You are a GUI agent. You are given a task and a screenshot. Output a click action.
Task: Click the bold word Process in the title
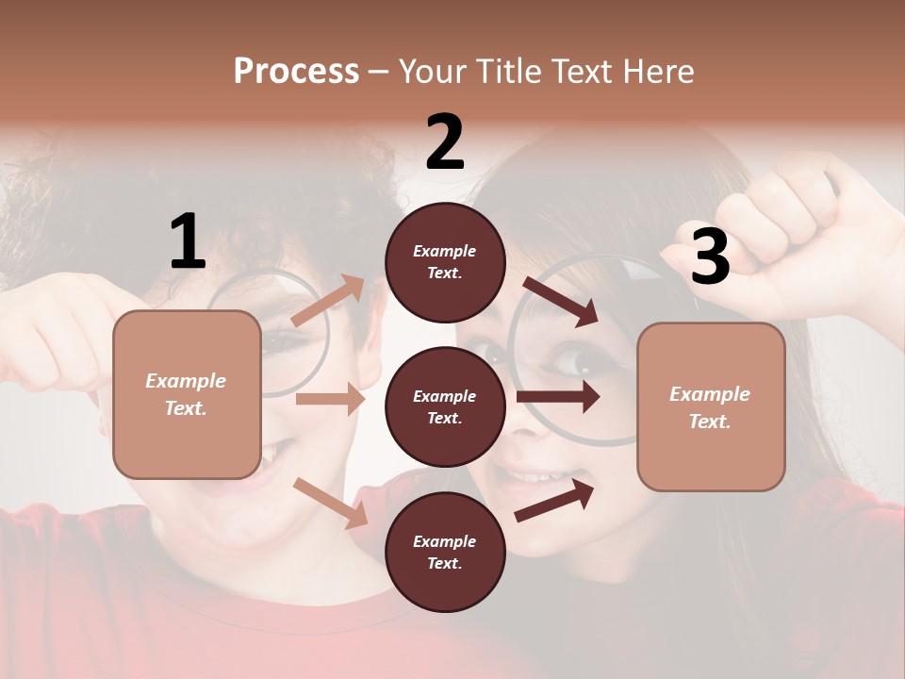296,71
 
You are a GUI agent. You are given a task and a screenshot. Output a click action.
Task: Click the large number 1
188,241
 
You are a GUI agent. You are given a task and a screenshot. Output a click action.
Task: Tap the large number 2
445,142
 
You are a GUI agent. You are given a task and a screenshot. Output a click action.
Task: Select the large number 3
710,257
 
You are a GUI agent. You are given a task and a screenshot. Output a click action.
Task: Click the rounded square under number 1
187,394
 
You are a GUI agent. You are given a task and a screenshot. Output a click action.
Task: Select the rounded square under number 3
711,406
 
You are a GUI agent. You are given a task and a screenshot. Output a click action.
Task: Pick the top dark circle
445,262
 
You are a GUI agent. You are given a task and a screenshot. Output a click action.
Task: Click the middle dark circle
445,406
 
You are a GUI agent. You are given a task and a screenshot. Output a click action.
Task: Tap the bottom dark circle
445,552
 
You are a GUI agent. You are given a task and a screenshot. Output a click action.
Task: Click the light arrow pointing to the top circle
328,300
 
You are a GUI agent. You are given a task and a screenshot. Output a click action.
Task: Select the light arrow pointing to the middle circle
330,399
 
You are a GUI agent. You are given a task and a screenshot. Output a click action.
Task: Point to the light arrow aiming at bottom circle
330,503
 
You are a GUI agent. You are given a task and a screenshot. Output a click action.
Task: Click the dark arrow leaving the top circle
560,301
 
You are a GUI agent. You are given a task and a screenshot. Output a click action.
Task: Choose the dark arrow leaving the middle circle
558,397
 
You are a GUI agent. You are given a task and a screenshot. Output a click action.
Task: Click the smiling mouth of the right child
533,477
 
